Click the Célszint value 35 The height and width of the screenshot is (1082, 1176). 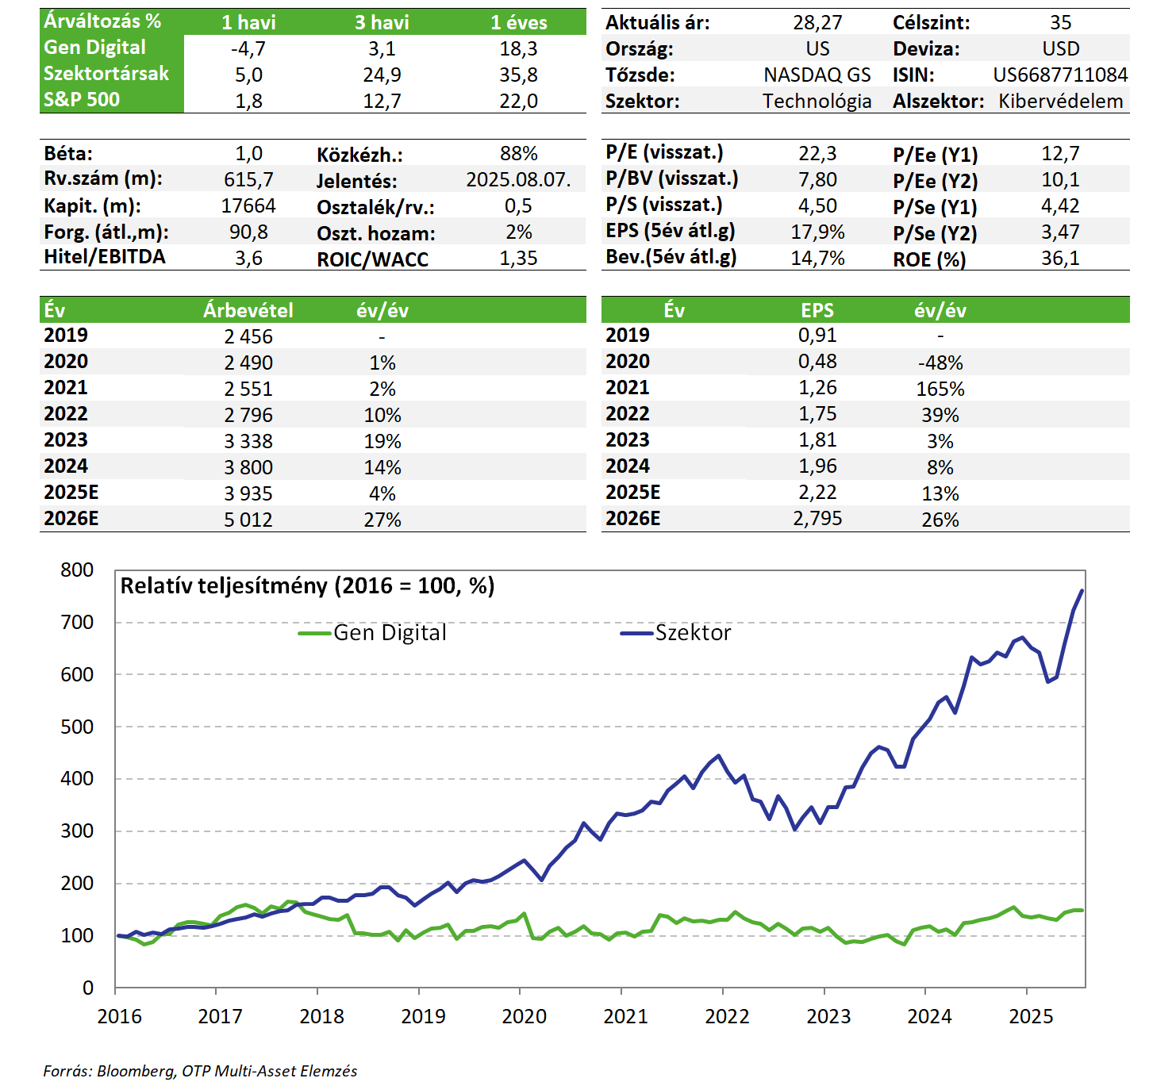tap(1060, 23)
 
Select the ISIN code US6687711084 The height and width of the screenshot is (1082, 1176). tap(1060, 75)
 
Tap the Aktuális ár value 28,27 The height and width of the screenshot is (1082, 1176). tap(817, 23)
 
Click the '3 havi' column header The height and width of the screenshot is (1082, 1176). tap(382, 22)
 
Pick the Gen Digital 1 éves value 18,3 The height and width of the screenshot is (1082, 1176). tap(518, 49)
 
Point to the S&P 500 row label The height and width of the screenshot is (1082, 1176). tap(82, 100)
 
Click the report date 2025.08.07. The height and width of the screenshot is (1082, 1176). tap(518, 180)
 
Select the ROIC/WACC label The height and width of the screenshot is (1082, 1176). tap(372, 259)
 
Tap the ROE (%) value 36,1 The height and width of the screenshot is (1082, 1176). tap(1060, 259)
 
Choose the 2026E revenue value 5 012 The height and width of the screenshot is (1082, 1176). tap(248, 520)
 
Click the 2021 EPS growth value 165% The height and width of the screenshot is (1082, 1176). tap(940, 389)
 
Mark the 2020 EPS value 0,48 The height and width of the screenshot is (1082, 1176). tap(817, 362)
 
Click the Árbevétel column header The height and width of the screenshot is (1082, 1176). tap(248, 310)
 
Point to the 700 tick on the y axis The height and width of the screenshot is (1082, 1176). tap(77, 623)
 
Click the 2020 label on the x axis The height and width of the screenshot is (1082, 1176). tap(524, 1016)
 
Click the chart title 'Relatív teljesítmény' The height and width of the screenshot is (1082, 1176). tap(307, 586)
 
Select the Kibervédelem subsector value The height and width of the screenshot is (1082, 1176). tap(1060, 102)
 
